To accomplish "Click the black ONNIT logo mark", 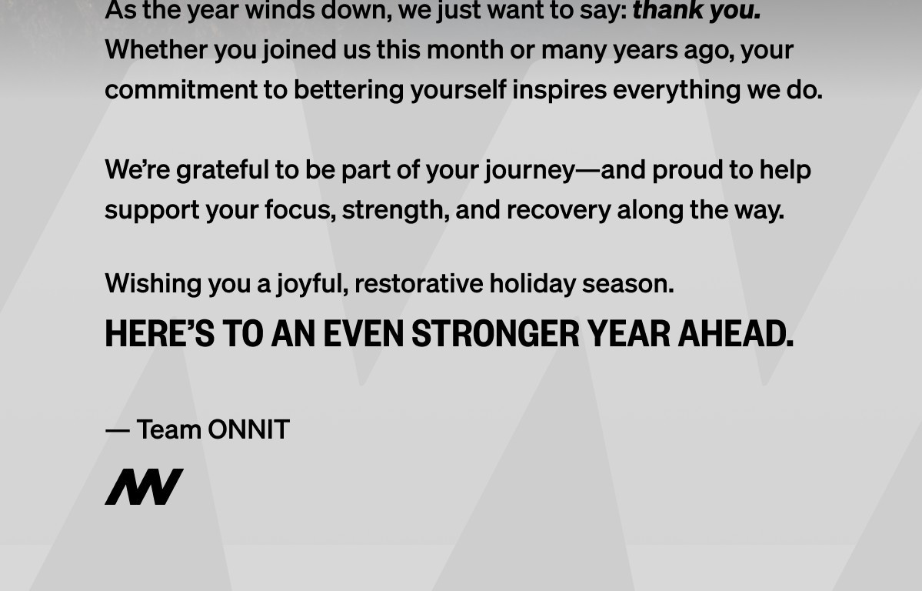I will coord(144,486).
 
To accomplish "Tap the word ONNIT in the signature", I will coord(248,429).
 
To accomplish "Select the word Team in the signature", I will coord(169,429).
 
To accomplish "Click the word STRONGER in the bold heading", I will coord(495,334).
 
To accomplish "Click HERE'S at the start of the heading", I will coord(159,334).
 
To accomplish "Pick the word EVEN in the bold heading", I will coord(363,334).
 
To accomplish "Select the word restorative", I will coord(418,283).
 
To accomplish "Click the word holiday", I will coord(532,283).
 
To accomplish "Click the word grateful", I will coord(221,170).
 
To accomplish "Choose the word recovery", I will coord(558,209).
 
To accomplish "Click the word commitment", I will coord(181,89).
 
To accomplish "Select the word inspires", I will coord(559,89).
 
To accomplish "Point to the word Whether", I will coord(156,49).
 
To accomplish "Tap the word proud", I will coord(688,170).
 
